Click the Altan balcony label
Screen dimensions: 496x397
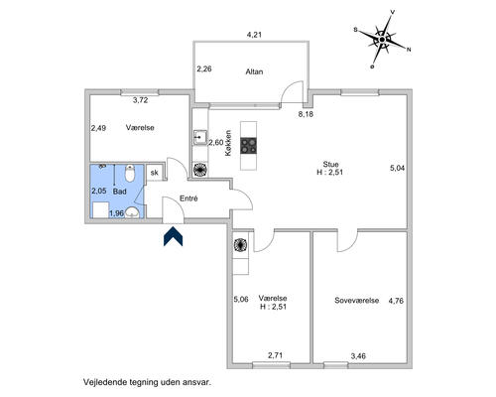pyautogui.click(x=254, y=71)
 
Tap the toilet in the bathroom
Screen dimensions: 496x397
pyautogui.click(x=130, y=173)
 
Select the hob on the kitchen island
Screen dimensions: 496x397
pyautogui.click(x=249, y=146)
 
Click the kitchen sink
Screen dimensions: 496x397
pyautogui.click(x=200, y=138)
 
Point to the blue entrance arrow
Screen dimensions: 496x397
pyautogui.click(x=173, y=236)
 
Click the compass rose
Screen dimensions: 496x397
pyautogui.click(x=382, y=39)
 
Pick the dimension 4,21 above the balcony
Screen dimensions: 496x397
pyautogui.click(x=254, y=35)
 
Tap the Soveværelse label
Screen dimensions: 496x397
pyautogui.click(x=356, y=301)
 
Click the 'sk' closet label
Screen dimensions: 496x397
pyautogui.click(x=155, y=173)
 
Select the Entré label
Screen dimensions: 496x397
pyautogui.click(x=188, y=198)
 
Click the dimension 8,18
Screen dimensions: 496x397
pyautogui.click(x=306, y=114)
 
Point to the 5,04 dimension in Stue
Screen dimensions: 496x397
pyautogui.click(x=397, y=168)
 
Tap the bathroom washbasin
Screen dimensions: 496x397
pyautogui.click(x=133, y=212)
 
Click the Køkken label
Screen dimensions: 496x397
pyautogui.click(x=228, y=143)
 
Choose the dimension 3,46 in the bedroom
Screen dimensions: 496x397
pyautogui.click(x=358, y=356)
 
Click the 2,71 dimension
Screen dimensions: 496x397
pyautogui.click(x=275, y=355)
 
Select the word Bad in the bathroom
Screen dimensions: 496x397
pyautogui.click(x=119, y=192)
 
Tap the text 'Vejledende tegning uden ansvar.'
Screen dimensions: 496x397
pyautogui.click(x=147, y=382)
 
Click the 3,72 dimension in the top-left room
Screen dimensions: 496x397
pyautogui.click(x=140, y=100)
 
